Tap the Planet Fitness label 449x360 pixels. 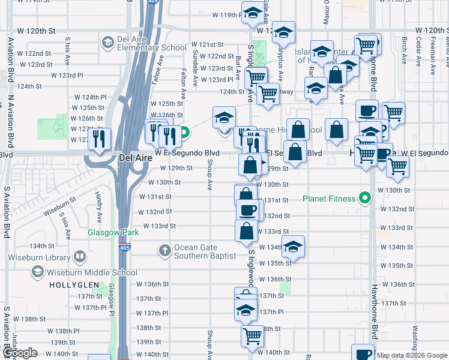329,199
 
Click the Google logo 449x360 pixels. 20,353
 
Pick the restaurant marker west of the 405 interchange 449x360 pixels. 98,139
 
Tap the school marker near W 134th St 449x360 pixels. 293,247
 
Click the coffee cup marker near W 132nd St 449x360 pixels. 247,210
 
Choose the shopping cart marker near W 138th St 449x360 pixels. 252,336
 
